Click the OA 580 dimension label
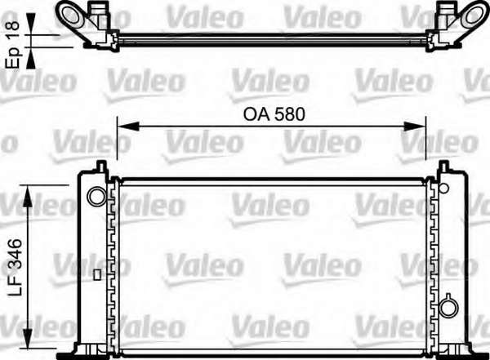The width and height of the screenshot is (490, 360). click(x=274, y=114)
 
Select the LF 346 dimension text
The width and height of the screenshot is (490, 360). click(x=15, y=268)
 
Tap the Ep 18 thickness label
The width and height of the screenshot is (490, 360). click(x=13, y=45)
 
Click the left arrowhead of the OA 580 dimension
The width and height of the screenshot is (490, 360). click(x=127, y=127)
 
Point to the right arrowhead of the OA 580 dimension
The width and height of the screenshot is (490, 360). click(x=415, y=127)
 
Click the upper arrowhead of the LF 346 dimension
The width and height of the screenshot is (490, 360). click(x=28, y=196)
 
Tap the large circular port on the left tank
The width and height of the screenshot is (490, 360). click(x=96, y=196)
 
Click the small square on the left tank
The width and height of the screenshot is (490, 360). click(x=97, y=275)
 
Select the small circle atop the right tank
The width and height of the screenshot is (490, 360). click(x=443, y=188)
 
